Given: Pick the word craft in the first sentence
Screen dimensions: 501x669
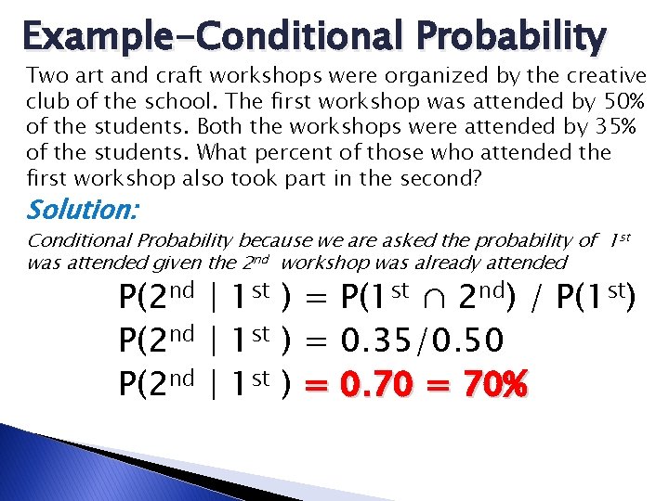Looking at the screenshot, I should pyautogui.click(x=162, y=75).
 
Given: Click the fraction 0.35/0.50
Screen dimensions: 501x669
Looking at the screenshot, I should pyautogui.click(x=423, y=341).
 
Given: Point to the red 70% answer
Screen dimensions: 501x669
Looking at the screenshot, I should pyautogui.click(x=492, y=383).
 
